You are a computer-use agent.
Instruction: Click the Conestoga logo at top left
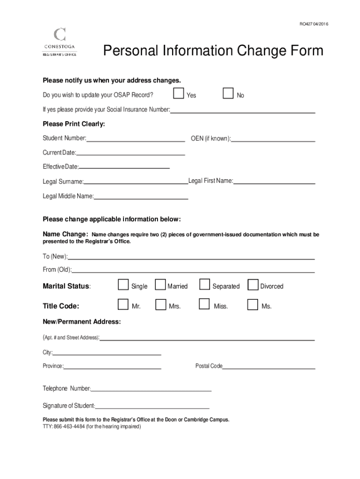60,42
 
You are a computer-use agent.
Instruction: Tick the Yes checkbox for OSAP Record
178,94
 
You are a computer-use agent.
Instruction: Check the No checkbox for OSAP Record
228,94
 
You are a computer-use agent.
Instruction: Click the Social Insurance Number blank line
243,112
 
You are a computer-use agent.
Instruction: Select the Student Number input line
136,140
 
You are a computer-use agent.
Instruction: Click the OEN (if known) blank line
273,140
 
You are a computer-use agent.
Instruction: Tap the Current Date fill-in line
130,154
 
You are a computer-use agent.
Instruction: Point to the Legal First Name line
274,182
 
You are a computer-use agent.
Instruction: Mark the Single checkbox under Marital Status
123,285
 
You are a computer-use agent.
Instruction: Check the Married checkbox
160,285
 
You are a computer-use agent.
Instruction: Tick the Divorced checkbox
252,285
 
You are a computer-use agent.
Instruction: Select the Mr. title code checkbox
123,305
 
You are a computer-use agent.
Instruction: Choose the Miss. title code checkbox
204,305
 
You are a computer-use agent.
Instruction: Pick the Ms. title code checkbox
252,305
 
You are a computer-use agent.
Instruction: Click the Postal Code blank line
269,368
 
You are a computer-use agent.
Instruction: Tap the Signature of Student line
152,407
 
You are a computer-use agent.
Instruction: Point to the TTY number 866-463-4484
70,427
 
